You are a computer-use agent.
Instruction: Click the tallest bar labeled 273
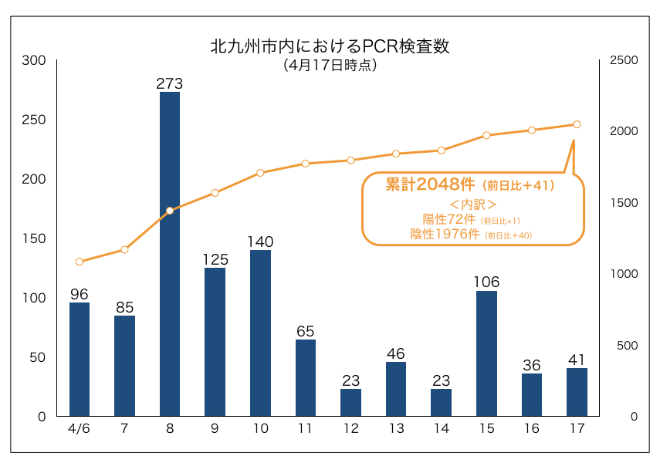pyautogui.click(x=170, y=255)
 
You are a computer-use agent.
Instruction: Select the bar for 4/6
pyautogui.click(x=80, y=360)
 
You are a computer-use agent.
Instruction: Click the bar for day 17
pyautogui.click(x=577, y=392)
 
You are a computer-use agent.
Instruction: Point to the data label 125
pyautogui.click(x=215, y=259)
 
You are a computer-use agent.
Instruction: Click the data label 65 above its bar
pyautogui.click(x=305, y=331)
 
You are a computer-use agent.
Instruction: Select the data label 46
pyautogui.click(x=396, y=353)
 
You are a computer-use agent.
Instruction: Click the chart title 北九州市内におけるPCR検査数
pyautogui.click(x=330, y=46)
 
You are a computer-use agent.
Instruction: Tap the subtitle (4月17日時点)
pyautogui.click(x=330, y=66)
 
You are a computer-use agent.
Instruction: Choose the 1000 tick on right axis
pyautogui.click(x=623, y=274)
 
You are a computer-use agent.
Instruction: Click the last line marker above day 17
pyautogui.click(x=577, y=124)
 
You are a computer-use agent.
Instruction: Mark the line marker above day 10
pyautogui.click(x=260, y=173)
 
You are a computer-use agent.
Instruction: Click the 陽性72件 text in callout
pyautogui.click(x=450, y=219)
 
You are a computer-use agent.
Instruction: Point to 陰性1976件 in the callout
pyautogui.click(x=445, y=233)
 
